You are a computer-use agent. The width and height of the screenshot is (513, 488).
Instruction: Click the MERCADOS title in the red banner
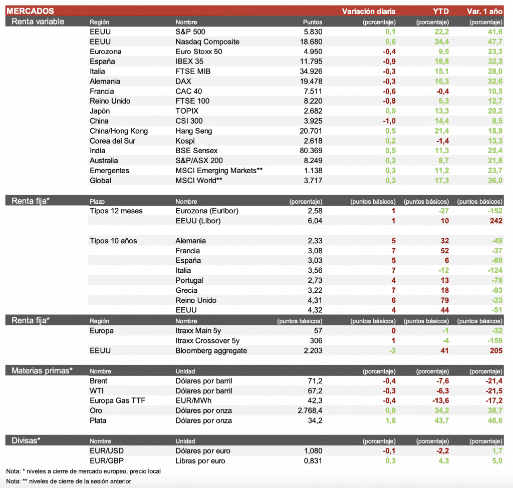pyautogui.click(x=30, y=11)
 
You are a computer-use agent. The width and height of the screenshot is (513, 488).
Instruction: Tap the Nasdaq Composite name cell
pyautogui.click(x=207, y=42)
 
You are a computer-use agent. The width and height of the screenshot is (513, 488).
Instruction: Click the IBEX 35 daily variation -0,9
pyautogui.click(x=389, y=62)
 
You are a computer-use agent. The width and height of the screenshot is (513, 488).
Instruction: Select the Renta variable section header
pyautogui.click(x=38, y=22)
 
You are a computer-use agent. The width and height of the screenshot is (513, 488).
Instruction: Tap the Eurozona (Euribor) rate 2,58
pyautogui.click(x=315, y=211)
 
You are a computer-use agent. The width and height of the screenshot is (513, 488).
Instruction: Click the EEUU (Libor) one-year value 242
pyautogui.click(x=496, y=221)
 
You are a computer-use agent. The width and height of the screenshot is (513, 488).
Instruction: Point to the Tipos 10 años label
pyautogui.click(x=113, y=241)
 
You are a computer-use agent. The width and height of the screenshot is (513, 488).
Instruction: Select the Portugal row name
pyautogui.click(x=189, y=280)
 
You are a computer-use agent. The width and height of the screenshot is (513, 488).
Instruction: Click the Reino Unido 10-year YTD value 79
pyautogui.click(x=444, y=300)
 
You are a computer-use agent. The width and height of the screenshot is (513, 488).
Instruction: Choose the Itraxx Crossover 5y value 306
pyautogui.click(x=316, y=341)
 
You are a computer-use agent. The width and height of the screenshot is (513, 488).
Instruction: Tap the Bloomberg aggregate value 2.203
pyautogui.click(x=312, y=351)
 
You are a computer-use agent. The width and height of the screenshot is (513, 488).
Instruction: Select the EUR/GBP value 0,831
pyautogui.click(x=313, y=461)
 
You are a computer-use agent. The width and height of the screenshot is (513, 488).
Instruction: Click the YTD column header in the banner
pyautogui.click(x=441, y=11)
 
